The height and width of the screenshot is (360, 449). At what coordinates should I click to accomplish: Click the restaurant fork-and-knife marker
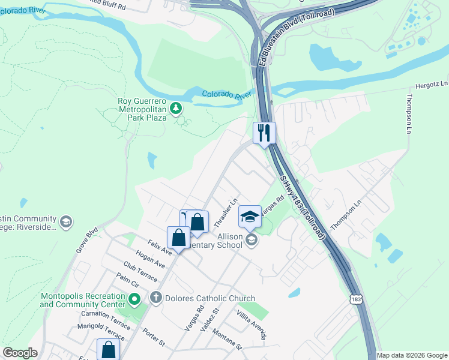tap(264, 133)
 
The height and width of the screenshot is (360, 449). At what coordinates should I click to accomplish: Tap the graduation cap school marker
tap(250, 216)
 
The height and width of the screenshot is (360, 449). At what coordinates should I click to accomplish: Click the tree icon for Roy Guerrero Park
tap(176, 109)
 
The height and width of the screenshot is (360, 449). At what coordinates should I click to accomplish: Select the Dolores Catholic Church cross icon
tap(156, 298)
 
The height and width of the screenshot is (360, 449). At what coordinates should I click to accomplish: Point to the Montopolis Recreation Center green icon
tap(135, 298)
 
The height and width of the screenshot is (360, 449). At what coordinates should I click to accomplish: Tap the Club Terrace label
tap(140, 271)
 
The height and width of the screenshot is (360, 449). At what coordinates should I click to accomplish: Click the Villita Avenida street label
tap(250, 325)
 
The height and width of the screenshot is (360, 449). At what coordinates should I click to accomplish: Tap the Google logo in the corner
tap(20, 353)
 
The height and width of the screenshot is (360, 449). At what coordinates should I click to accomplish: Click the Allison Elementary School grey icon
tap(252, 241)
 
